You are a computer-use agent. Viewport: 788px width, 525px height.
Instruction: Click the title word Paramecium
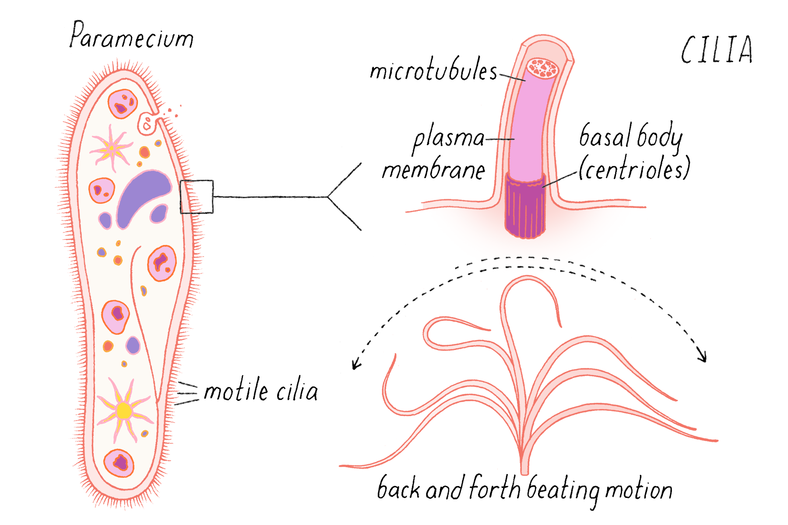pos(131,36)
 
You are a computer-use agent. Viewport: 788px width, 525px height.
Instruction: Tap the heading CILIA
pos(717,50)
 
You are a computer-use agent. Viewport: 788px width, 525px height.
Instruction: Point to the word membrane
pos(433,170)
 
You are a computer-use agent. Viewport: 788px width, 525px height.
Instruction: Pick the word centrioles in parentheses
pos(634,169)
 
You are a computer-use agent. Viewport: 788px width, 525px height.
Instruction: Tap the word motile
pos(236,391)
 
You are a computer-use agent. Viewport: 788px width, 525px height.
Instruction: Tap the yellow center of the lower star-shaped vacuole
pos(124,411)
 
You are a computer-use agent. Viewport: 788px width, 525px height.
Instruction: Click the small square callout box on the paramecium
pos(197,197)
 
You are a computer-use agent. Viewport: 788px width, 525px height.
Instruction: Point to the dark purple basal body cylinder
pos(525,208)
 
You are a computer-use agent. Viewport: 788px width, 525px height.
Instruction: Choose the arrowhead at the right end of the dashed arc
pos(703,356)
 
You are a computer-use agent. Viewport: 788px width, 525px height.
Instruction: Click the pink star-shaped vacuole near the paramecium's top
pos(111,148)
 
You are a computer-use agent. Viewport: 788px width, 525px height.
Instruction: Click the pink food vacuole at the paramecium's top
pos(123,104)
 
